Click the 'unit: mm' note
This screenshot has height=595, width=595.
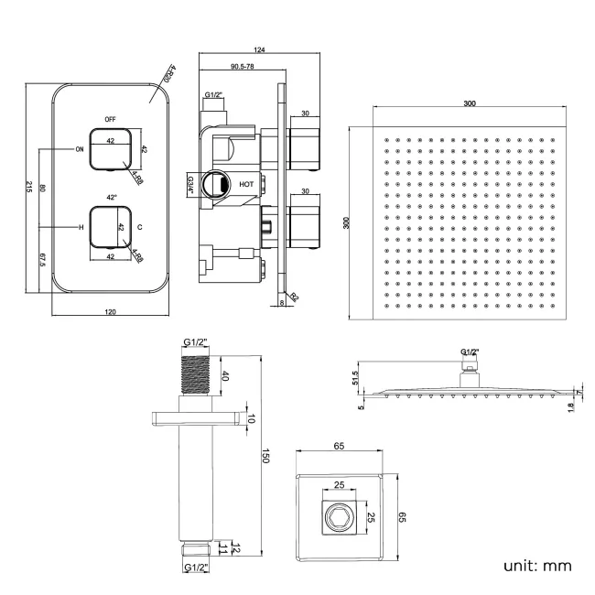(537, 565)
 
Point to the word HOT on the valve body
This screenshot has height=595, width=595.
(246, 184)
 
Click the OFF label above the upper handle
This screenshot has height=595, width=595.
(111, 120)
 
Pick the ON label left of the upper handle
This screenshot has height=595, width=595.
(80, 148)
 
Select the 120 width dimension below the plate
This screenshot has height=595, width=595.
(111, 313)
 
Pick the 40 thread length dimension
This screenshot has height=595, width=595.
(226, 375)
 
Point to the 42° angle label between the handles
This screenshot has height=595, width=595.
(112, 198)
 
